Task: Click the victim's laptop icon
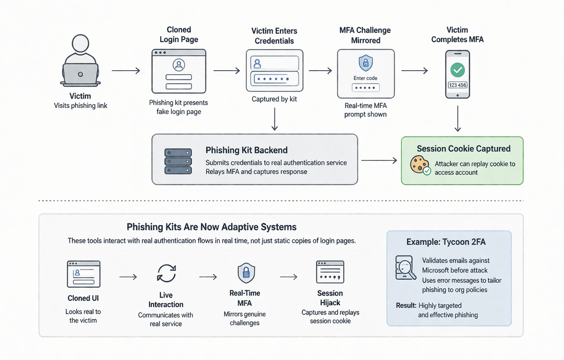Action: point(80,74)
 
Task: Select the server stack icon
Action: point(178,161)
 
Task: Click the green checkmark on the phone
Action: point(457,70)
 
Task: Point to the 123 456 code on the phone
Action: point(457,85)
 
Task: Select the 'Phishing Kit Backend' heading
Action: point(246,150)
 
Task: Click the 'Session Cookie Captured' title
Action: point(464,149)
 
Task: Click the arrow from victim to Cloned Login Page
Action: point(126,71)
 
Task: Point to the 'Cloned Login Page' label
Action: point(179,35)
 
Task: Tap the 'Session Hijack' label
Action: point(330,298)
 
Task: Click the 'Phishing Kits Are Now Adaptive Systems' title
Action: point(212,227)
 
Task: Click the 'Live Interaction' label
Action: point(166,300)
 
